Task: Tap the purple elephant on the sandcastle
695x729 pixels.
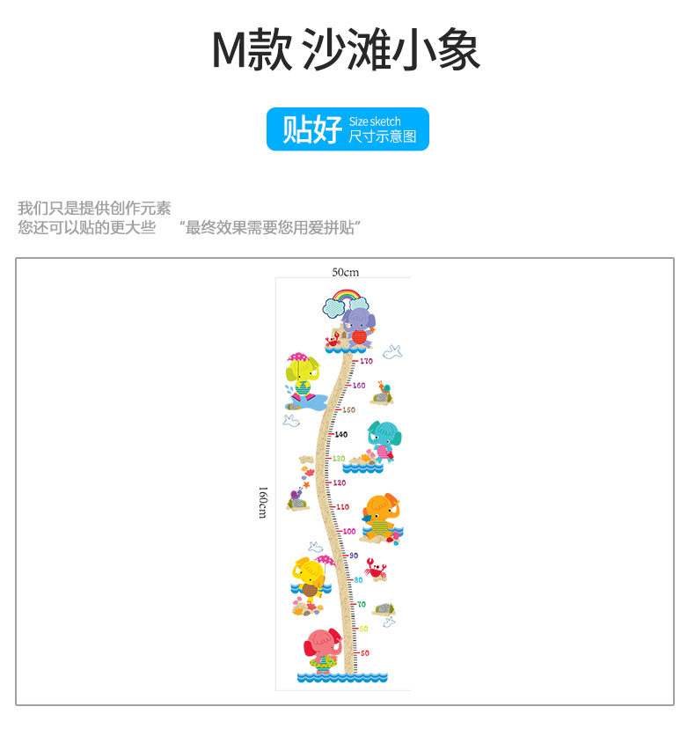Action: coord(358,323)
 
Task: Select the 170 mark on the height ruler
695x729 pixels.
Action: coord(366,361)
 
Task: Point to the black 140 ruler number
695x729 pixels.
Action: coord(341,434)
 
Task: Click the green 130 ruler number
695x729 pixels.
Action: coord(339,459)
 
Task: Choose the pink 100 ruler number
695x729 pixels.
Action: coord(349,531)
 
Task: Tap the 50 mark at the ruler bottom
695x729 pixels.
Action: coord(364,652)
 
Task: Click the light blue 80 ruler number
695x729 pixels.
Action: coord(358,579)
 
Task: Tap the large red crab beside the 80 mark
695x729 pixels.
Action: coord(377,570)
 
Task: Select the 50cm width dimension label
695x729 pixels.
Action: coord(346,272)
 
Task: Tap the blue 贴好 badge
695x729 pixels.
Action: coord(347,129)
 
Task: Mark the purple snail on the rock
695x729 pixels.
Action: coord(296,499)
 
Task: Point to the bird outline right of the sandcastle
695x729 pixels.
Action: coord(392,352)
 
